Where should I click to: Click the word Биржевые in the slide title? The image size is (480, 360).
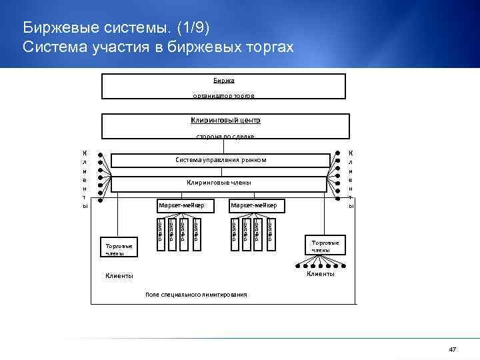57,29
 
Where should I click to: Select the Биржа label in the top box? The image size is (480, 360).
224,80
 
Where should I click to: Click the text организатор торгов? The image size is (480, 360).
224,96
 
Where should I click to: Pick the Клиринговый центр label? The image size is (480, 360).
225,121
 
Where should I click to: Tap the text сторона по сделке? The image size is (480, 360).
225,136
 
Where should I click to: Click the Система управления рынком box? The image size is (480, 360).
220,160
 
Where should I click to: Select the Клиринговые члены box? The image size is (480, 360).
220,183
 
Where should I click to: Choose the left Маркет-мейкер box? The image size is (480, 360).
185,205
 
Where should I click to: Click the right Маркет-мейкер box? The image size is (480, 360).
257,205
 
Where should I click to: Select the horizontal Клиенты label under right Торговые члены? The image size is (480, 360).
320,275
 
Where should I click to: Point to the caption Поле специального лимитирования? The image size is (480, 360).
195,294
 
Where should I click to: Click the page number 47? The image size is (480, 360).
453,350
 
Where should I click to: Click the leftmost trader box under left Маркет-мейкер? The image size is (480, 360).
160,230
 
